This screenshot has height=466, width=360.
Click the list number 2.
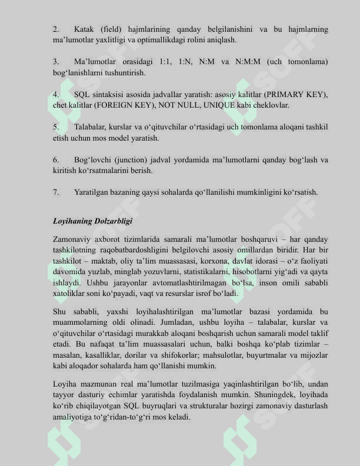[55, 29]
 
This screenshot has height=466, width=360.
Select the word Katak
[85, 29]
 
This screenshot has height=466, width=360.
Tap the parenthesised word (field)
[115, 29]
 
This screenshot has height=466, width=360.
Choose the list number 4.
[55, 94]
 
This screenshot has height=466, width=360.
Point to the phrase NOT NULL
[176, 105]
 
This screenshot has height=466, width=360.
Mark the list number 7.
[55, 192]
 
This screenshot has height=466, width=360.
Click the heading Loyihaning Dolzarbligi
[92, 221]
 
